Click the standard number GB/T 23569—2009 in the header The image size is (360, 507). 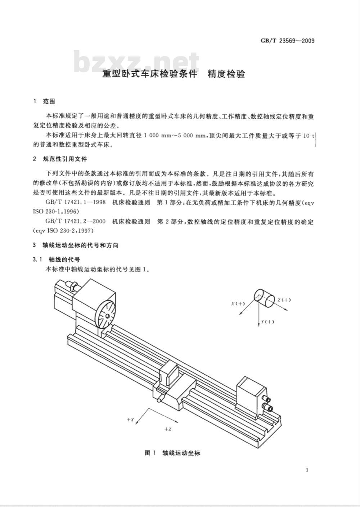click(x=288, y=41)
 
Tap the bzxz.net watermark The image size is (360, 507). click(x=136, y=62)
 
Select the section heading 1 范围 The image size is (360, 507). click(x=44, y=101)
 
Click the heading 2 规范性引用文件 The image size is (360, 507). click(x=60, y=159)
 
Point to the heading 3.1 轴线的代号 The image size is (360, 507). click(x=56, y=259)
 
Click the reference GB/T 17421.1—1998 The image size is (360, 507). click(x=75, y=202)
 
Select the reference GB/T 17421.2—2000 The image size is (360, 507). click(x=75, y=221)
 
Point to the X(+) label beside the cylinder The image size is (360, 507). click(x=238, y=304)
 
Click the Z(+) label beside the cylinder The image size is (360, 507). click(x=284, y=300)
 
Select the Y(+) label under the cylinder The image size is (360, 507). click(x=267, y=322)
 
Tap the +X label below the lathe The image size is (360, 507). click(x=130, y=420)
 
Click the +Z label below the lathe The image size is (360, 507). click(x=168, y=429)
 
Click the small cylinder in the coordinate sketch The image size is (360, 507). click(x=264, y=298)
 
